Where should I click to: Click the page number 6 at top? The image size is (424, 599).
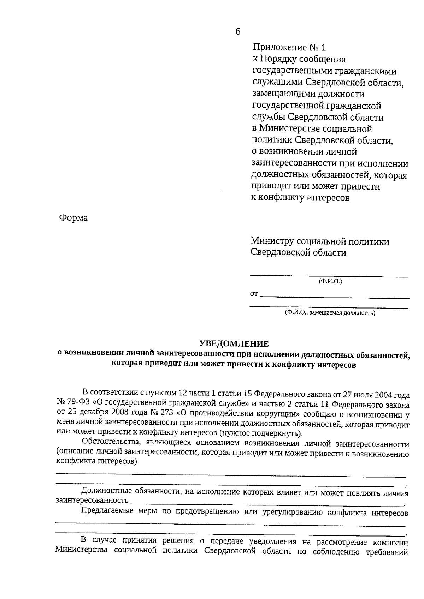click(237, 32)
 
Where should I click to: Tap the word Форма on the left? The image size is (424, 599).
click(73, 218)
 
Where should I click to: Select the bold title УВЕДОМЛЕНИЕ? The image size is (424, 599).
click(234, 343)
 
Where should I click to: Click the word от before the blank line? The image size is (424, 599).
click(254, 294)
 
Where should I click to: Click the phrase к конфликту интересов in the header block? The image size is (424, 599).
click(300, 198)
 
